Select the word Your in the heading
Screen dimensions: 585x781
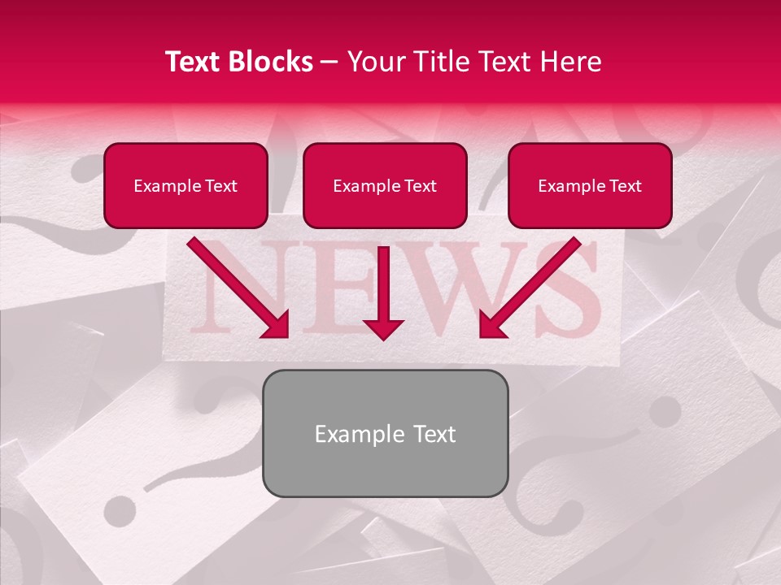tap(374, 62)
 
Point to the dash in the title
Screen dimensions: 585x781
tap(329, 63)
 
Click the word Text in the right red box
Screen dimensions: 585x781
tap(624, 186)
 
